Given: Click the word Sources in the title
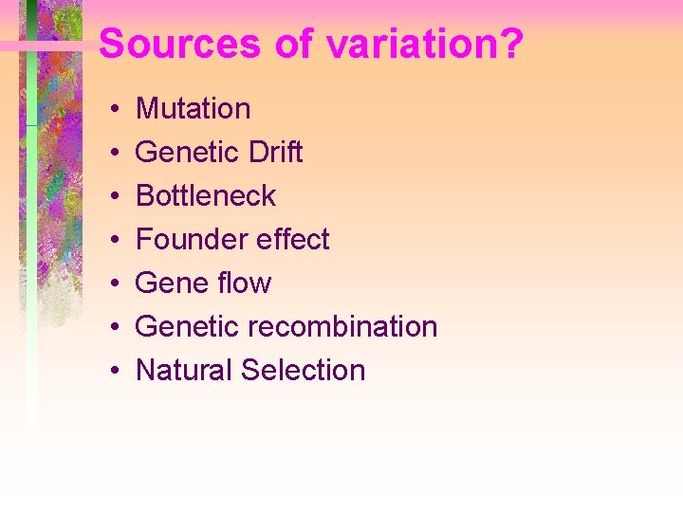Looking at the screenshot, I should coord(180,45).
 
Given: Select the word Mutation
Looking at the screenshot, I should coord(194,109).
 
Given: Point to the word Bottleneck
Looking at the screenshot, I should coord(206,196).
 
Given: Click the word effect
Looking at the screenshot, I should coord(288,240).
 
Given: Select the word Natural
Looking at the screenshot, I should coord(184,371).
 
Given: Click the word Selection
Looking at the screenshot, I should coord(303,371).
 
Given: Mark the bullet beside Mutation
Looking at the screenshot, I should coord(112,110).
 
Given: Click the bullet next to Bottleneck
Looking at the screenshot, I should coord(112,197).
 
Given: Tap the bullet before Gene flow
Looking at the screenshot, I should coord(112,284).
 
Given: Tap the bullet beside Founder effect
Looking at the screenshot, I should coord(112,241).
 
